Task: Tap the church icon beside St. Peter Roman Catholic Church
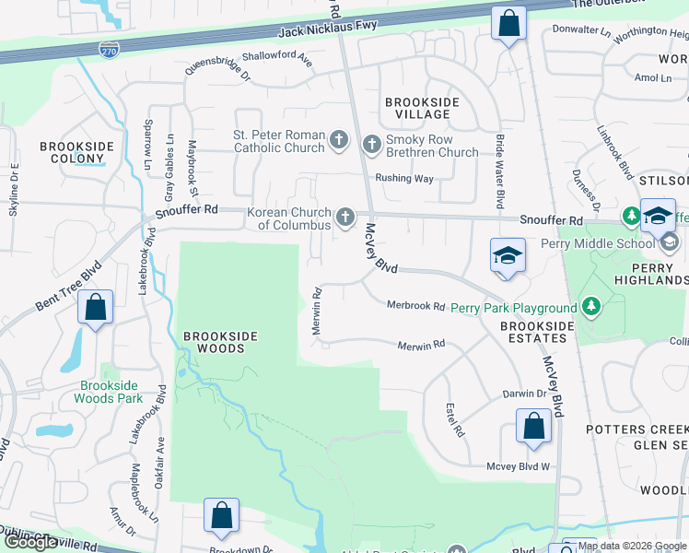click(339, 141)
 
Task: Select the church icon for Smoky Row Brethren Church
click(371, 144)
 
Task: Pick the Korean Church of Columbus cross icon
click(344, 218)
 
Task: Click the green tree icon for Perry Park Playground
click(590, 307)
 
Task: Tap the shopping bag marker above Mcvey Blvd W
click(533, 428)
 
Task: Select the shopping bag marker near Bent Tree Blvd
click(95, 309)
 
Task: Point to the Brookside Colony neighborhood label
click(76, 152)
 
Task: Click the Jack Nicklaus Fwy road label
click(329, 32)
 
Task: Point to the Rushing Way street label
click(403, 179)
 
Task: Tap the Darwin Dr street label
click(524, 394)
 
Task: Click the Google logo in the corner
click(31, 542)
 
